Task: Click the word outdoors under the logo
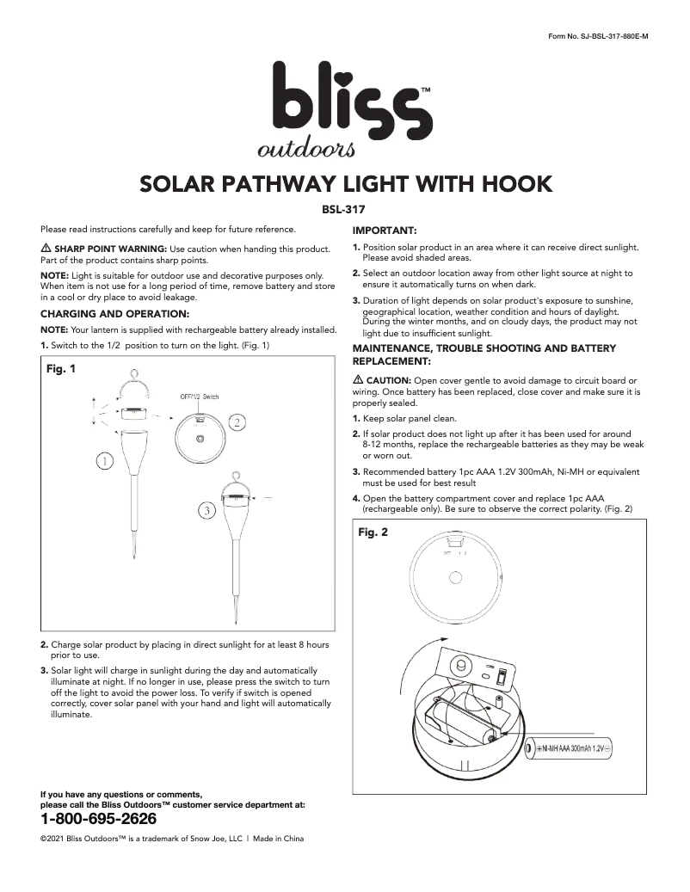pos(305,150)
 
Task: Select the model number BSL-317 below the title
pos(345,207)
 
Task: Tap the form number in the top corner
pos(597,36)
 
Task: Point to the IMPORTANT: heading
pos(385,231)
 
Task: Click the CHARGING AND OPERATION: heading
pos(114,314)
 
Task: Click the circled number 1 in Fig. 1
pos(104,462)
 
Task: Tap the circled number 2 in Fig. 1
pos(237,421)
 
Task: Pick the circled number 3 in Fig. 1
pos(206,511)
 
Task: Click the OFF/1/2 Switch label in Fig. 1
pos(200,397)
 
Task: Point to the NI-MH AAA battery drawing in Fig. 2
pos(573,748)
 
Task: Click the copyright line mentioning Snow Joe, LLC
pos(172,839)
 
